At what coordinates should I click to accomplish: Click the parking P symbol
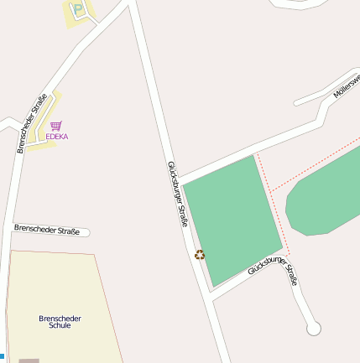point(79,11)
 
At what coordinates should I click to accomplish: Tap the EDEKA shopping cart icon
point(56,126)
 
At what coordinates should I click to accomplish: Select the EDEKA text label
point(57,136)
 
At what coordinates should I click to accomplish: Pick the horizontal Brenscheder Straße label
point(46,230)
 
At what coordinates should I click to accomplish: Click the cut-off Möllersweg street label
point(347,86)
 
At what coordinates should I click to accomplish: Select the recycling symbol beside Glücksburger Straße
point(200,255)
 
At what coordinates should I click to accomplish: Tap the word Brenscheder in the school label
point(60,318)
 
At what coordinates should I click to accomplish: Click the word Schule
point(60,325)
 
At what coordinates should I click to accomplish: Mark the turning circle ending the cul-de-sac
point(314,329)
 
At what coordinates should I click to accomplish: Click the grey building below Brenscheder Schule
point(29,360)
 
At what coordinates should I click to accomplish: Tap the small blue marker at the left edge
point(2,356)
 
